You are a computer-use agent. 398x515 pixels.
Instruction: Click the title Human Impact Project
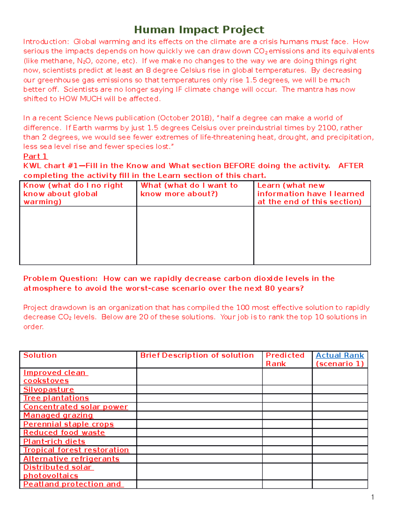click(199, 30)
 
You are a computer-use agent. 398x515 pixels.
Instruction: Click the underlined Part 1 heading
click(35, 156)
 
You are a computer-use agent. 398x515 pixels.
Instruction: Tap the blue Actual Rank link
click(340, 355)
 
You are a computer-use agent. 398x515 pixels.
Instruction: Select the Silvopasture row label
click(48, 389)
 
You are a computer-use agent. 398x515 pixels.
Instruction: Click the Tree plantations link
click(56, 398)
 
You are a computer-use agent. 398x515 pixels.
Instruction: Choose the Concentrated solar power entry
click(75, 407)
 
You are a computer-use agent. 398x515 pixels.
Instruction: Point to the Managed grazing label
click(58, 415)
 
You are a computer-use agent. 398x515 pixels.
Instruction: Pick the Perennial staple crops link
click(68, 424)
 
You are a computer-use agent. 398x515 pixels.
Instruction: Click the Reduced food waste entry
click(64, 432)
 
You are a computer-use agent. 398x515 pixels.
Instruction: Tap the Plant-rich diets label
click(54, 441)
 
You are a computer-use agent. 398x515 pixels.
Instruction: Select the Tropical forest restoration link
click(76, 450)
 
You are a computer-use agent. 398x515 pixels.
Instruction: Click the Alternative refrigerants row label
click(71, 459)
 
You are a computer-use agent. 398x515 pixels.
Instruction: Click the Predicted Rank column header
click(285, 359)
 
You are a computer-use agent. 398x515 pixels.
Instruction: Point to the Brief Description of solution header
click(197, 355)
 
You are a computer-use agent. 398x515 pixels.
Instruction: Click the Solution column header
click(40, 355)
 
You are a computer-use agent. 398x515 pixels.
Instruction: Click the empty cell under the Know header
click(78, 235)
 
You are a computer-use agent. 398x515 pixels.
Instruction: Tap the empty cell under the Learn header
click(312, 235)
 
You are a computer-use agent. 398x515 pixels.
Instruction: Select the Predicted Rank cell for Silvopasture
click(287, 389)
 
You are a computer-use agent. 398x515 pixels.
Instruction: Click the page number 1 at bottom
click(372, 497)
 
